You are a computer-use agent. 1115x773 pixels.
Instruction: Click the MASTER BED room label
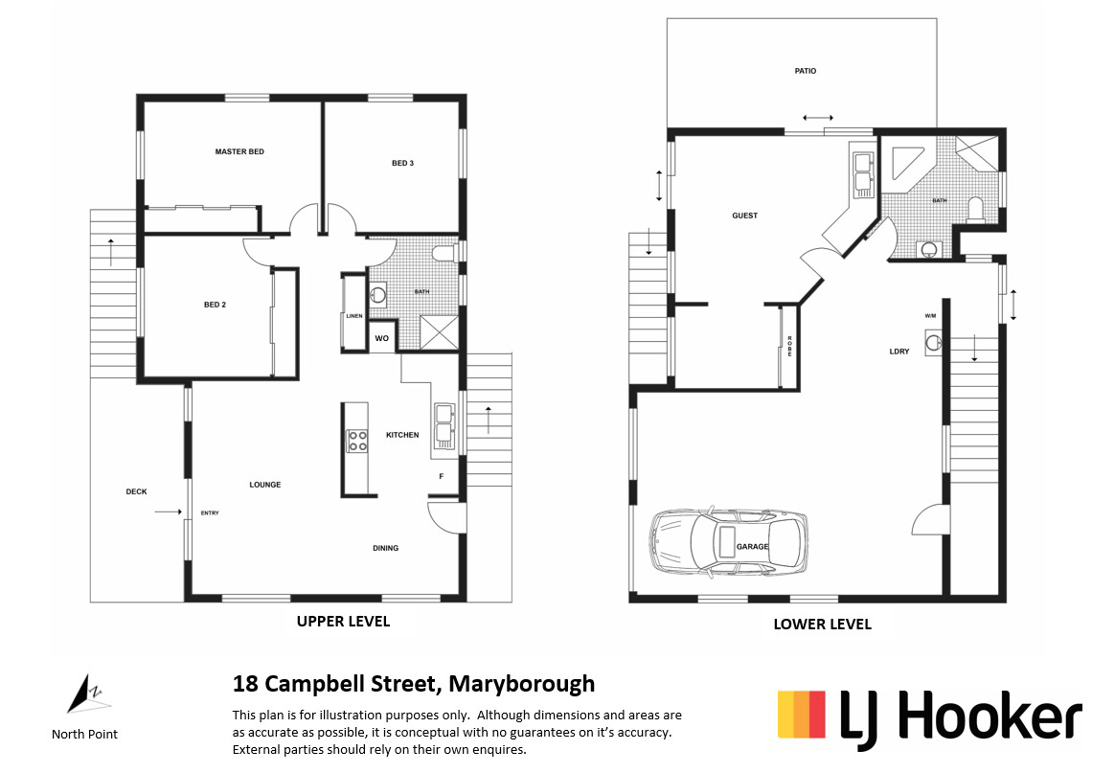pos(239,151)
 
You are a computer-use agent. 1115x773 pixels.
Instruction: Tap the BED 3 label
pos(402,163)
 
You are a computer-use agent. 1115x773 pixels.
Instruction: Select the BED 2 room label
pos(215,305)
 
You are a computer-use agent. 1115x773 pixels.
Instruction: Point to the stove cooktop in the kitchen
pos(355,441)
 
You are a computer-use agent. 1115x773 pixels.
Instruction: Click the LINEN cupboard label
pos(353,315)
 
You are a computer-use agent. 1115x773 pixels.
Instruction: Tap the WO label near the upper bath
pos(381,338)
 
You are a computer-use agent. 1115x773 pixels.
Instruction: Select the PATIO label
pos(805,71)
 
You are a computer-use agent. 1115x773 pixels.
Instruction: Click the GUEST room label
pos(744,216)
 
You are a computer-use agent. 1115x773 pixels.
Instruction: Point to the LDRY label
pos(899,352)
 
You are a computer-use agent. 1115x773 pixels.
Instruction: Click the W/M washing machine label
pos(930,316)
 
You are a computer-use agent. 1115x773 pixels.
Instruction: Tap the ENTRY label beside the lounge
pos(210,513)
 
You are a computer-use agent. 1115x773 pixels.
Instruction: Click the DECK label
pos(136,491)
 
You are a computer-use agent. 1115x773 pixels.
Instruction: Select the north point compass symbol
pos(82,693)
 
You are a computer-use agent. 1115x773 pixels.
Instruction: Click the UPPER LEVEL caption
pos(343,621)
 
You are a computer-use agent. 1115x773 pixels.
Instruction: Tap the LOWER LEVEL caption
pos(822,624)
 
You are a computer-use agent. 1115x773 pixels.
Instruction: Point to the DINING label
pos(385,548)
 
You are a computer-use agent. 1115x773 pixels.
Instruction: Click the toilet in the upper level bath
pos(444,254)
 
